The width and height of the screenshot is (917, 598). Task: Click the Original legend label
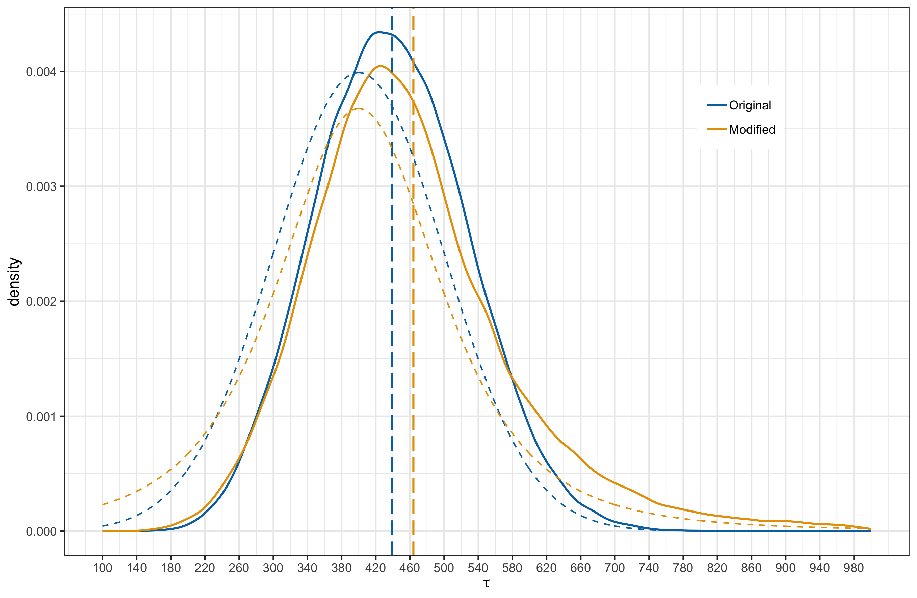pyautogui.click(x=750, y=105)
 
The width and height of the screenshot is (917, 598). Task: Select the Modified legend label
pyautogui.click(x=752, y=129)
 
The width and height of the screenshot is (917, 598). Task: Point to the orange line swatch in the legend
pyautogui.click(x=717, y=129)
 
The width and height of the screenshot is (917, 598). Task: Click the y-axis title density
pyautogui.click(x=14, y=282)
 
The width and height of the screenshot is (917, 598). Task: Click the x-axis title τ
pyautogui.click(x=486, y=583)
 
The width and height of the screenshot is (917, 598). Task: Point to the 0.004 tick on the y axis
pyautogui.click(x=41, y=72)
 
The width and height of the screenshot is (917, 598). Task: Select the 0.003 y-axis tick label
pyautogui.click(x=41, y=187)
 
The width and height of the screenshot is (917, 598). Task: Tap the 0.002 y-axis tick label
pyautogui.click(x=41, y=301)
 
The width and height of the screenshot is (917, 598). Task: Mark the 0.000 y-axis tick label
pyautogui.click(x=41, y=532)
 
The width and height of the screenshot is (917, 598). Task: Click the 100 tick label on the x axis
pyautogui.click(x=103, y=568)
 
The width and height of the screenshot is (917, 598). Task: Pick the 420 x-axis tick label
pyautogui.click(x=376, y=568)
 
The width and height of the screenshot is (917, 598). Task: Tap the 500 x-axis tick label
pyautogui.click(x=444, y=568)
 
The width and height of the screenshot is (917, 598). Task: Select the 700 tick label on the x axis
pyautogui.click(x=614, y=568)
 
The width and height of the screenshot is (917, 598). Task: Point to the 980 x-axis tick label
pyautogui.click(x=854, y=568)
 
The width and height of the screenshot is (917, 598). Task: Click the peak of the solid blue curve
pyautogui.click(x=379, y=32)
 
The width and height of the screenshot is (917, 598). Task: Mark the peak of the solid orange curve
pyautogui.click(x=381, y=66)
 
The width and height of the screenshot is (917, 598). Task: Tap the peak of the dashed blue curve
pyautogui.click(x=359, y=73)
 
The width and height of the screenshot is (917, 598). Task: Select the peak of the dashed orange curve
pyautogui.click(x=359, y=109)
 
